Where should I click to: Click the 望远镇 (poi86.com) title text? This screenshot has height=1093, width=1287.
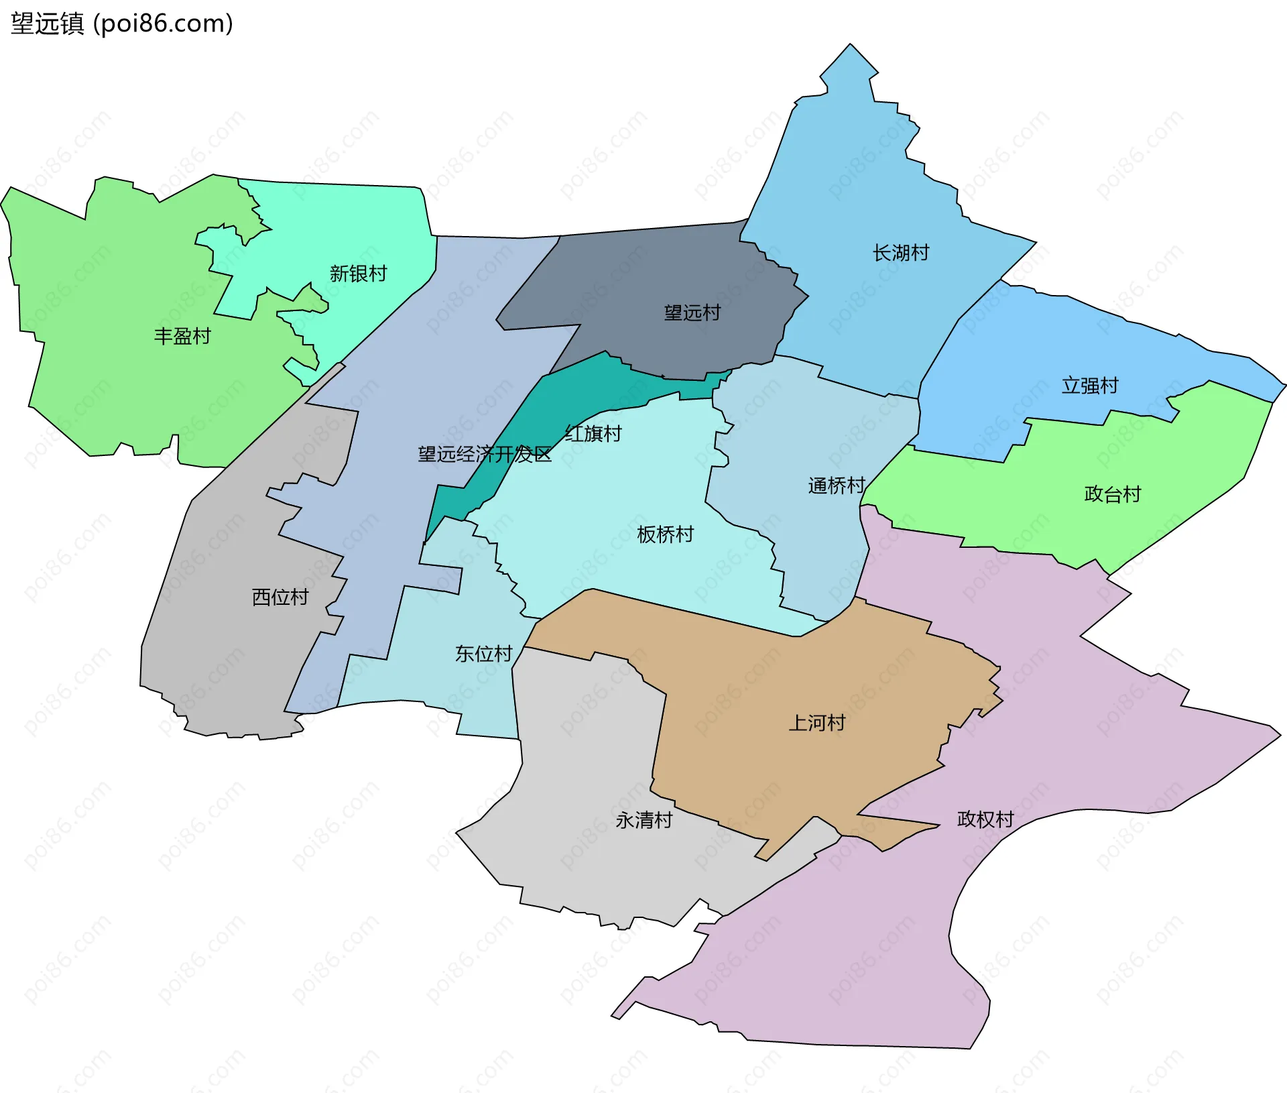pyautogui.click(x=122, y=23)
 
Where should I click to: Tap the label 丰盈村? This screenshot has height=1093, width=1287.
pyautogui.click(x=182, y=336)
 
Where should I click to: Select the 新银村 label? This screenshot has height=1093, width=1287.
pyautogui.click(x=358, y=274)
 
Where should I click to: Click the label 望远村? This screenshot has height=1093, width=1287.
pyautogui.click(x=692, y=312)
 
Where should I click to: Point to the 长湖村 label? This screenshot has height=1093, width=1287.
pyautogui.click(x=900, y=253)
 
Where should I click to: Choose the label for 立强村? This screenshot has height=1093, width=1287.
pyautogui.click(x=1090, y=386)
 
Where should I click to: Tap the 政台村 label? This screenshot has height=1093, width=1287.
pyautogui.click(x=1112, y=494)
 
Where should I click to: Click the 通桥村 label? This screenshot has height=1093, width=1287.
pyautogui.click(x=836, y=485)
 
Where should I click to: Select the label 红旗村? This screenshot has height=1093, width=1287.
pyautogui.click(x=593, y=434)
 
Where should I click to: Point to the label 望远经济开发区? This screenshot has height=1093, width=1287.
pyautogui.click(x=484, y=455)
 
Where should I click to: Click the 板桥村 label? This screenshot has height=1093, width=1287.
pyautogui.click(x=665, y=534)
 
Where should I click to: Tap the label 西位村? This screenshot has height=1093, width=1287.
pyautogui.click(x=280, y=597)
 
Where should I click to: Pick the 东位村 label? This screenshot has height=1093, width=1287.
pyautogui.click(x=483, y=653)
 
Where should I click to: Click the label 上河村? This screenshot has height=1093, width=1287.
pyautogui.click(x=816, y=723)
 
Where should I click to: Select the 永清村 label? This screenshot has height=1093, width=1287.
pyautogui.click(x=643, y=820)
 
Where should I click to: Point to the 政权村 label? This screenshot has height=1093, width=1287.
pyautogui.click(x=985, y=819)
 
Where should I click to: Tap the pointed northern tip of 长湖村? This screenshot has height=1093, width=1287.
pyautogui.click(x=851, y=48)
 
